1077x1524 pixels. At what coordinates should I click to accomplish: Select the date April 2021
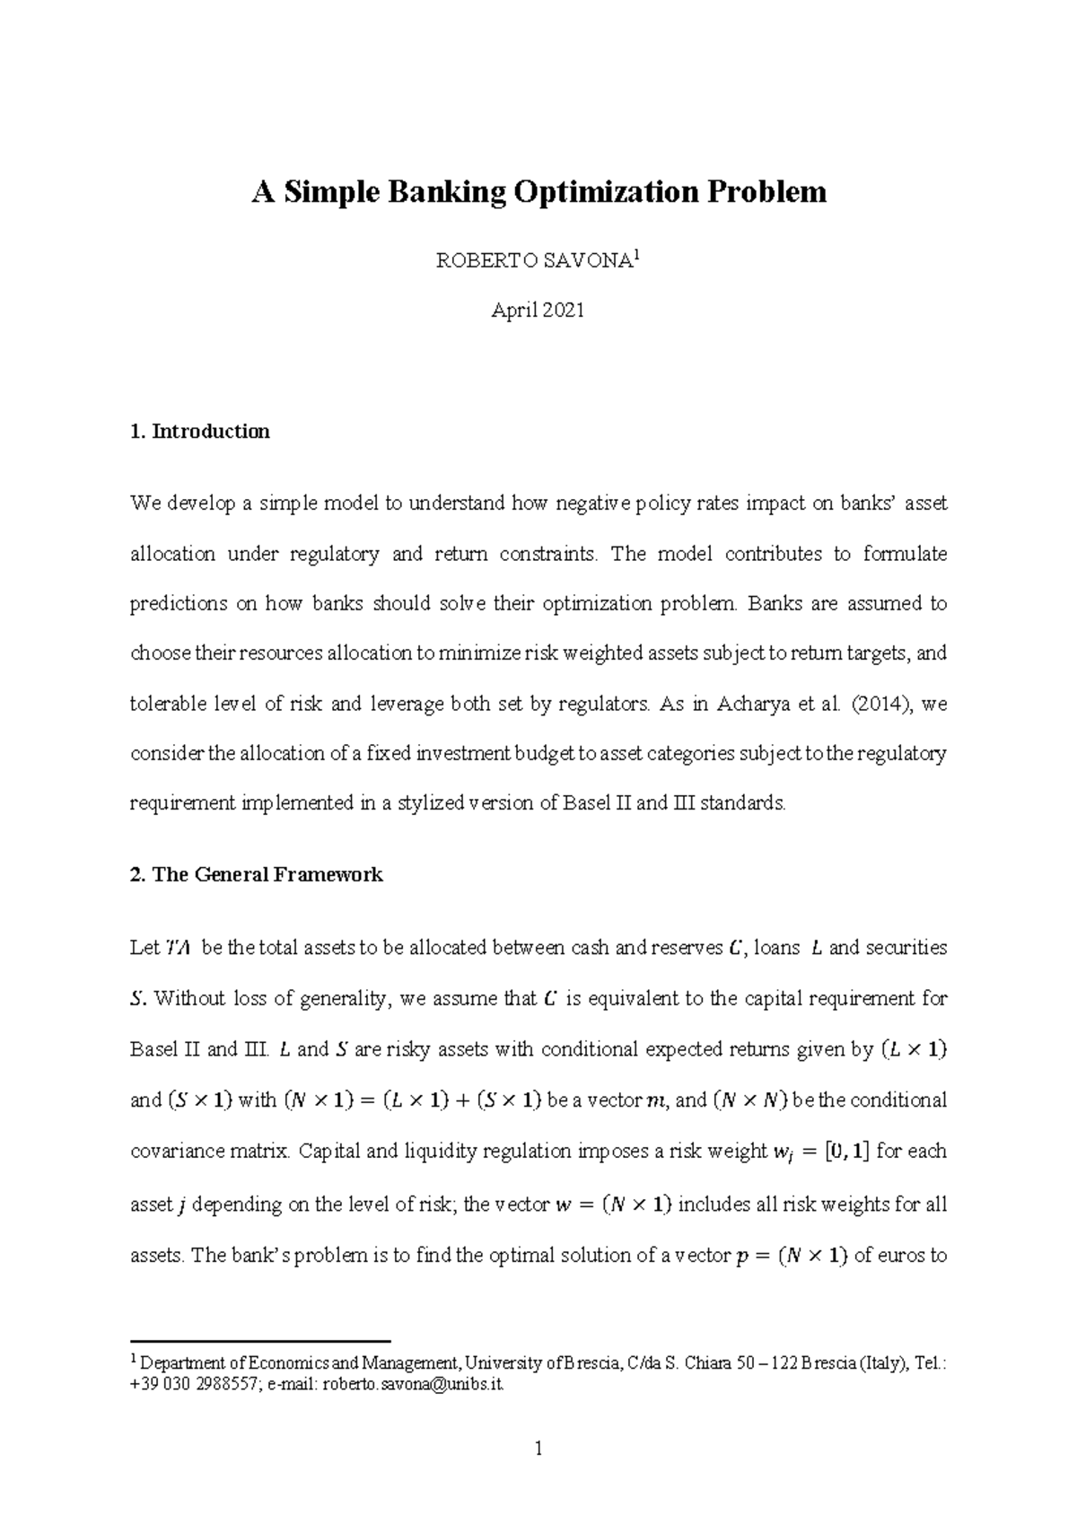coord(538,311)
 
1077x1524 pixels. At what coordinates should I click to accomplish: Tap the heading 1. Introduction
coord(200,432)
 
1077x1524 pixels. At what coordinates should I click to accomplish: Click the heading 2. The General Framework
coord(257,874)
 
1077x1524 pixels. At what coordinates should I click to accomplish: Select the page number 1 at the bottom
coord(538,1448)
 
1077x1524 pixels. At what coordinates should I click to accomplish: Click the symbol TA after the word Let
coord(177,948)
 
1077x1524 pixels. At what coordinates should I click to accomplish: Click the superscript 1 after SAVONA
coord(635,258)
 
